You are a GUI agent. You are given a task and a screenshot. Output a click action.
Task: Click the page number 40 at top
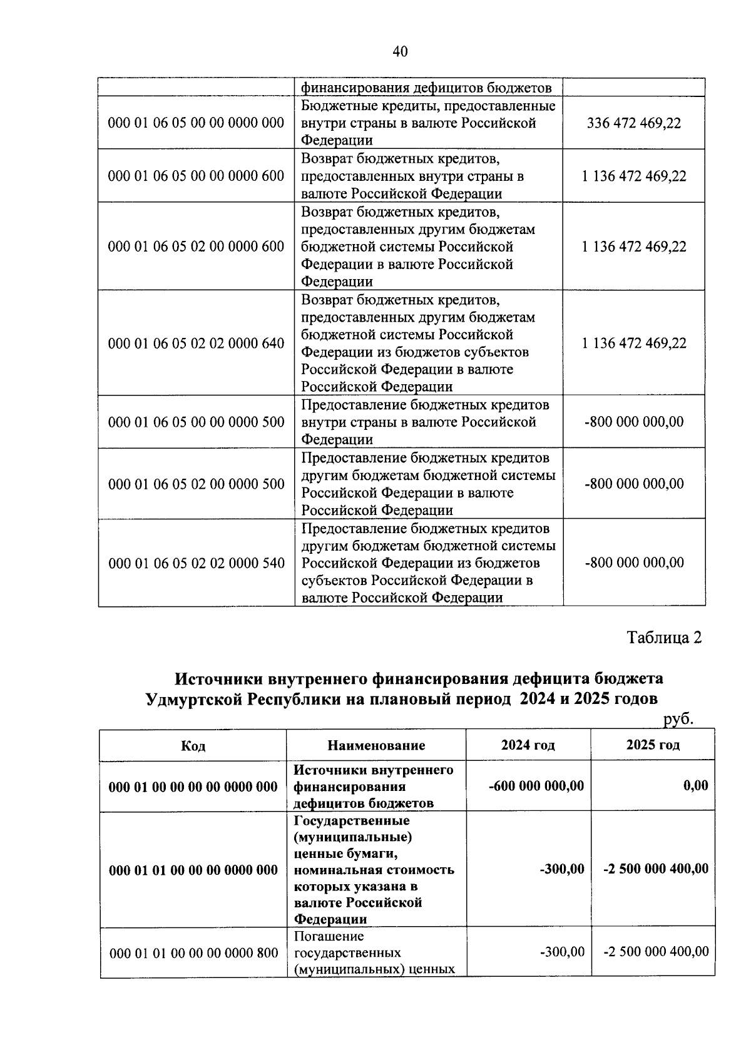(400, 51)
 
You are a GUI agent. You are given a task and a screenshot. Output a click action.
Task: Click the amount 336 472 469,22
(633, 123)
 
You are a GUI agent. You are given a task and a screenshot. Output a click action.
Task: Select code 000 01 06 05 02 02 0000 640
(196, 343)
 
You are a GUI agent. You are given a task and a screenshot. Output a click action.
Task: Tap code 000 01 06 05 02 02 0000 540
(197, 563)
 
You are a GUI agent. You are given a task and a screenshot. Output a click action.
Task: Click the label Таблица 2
(664, 638)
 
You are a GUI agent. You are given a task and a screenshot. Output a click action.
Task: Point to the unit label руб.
(678, 719)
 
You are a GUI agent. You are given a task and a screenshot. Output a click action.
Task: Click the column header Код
(193, 746)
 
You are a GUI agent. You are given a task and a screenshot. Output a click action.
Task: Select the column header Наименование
(376, 745)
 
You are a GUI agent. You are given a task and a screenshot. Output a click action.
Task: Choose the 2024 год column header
(528, 745)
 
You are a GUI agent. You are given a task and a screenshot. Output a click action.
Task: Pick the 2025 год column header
(652, 745)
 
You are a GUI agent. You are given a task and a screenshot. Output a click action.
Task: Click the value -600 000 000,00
(536, 785)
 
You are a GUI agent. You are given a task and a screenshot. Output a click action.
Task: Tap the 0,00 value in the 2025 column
(695, 785)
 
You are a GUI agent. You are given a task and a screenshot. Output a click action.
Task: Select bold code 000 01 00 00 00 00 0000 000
(193, 787)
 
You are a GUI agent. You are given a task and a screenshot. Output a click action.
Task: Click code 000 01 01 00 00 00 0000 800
(193, 953)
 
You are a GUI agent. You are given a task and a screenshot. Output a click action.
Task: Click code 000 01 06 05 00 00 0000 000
(196, 123)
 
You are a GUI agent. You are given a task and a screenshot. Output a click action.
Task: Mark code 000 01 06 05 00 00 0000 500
(196, 422)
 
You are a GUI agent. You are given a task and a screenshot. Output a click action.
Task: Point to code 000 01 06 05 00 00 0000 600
(196, 176)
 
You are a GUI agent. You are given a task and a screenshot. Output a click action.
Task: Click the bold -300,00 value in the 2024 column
(561, 869)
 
